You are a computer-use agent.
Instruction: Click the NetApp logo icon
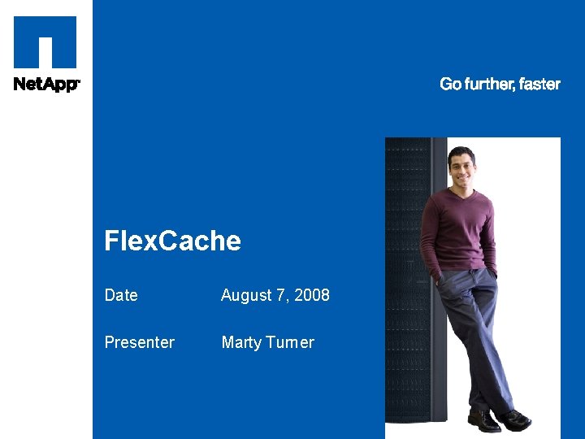point(45,42)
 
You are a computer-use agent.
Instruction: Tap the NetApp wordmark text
point(45,84)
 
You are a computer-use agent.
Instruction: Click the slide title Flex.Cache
point(173,241)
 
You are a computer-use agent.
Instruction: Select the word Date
point(121,295)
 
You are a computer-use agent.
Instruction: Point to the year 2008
point(312,295)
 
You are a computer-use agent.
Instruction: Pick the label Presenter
point(139,342)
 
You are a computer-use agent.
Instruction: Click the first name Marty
point(241,342)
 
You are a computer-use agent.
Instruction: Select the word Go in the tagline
point(450,84)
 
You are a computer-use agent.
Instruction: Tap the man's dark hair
point(461,153)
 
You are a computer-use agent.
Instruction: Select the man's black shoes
point(497,420)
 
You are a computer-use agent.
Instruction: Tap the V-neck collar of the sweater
point(463,200)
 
